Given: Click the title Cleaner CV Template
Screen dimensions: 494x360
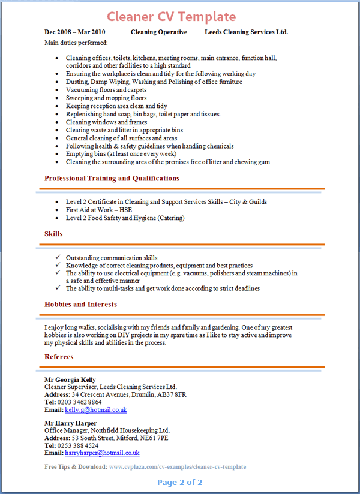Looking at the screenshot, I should [x=172, y=16].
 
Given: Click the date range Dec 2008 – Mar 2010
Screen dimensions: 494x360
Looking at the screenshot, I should [x=75, y=32].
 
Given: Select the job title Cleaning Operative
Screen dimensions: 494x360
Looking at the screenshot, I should [x=158, y=32].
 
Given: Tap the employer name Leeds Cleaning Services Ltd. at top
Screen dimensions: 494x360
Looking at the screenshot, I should [x=246, y=32].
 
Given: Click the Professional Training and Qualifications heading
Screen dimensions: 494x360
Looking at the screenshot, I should [x=112, y=178].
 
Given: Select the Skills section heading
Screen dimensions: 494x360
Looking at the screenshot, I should [x=53, y=233].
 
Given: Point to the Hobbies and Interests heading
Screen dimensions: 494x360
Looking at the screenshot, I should [x=80, y=304].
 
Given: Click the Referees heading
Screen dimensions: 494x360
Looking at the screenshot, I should [x=59, y=357].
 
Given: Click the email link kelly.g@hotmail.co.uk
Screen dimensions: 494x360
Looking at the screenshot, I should [x=96, y=410].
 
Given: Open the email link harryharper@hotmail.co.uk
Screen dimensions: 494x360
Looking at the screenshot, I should [x=102, y=453].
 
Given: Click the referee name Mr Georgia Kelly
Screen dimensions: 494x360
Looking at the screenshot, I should [x=70, y=380].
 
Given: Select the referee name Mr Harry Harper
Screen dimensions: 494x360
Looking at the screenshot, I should [x=71, y=423].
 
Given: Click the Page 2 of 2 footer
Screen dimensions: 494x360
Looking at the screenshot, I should [x=179, y=482].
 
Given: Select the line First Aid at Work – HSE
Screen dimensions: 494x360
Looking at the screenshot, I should [x=99, y=210].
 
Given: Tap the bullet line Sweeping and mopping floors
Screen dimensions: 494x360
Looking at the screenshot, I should [x=106, y=98].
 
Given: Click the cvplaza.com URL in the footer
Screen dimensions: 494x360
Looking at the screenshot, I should [x=177, y=466].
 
